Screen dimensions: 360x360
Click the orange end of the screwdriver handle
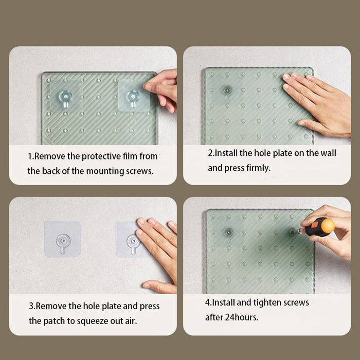click(x=328, y=226)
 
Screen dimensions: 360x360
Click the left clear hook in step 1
click(x=65, y=98)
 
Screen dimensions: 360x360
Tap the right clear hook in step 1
click(x=133, y=99)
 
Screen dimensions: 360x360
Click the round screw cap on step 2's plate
click(x=227, y=90)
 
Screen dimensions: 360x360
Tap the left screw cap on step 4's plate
click(x=229, y=232)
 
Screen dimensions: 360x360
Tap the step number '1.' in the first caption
click(x=31, y=156)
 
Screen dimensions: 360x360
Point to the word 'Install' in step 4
click(x=223, y=302)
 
